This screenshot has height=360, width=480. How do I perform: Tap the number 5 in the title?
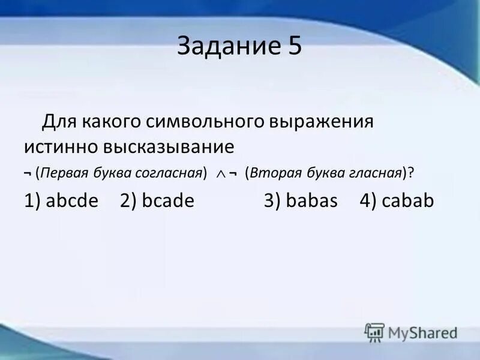(x=293, y=47)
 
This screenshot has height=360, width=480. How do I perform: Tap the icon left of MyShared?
(x=374, y=332)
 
